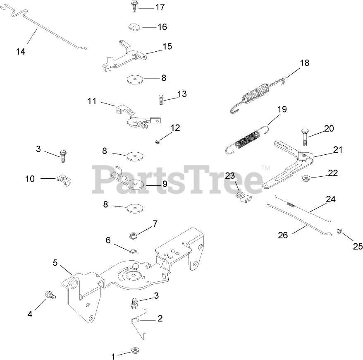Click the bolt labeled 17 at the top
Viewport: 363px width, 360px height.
coord(134,6)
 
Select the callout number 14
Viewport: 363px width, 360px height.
coord(21,51)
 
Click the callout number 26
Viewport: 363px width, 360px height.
coord(283,235)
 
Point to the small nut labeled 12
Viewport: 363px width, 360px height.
coord(158,142)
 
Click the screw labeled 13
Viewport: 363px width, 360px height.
coord(160,99)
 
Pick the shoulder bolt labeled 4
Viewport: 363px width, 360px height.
coord(50,295)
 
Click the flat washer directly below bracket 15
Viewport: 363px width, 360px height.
coord(134,79)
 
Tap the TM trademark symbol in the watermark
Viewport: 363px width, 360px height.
coord(265,168)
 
